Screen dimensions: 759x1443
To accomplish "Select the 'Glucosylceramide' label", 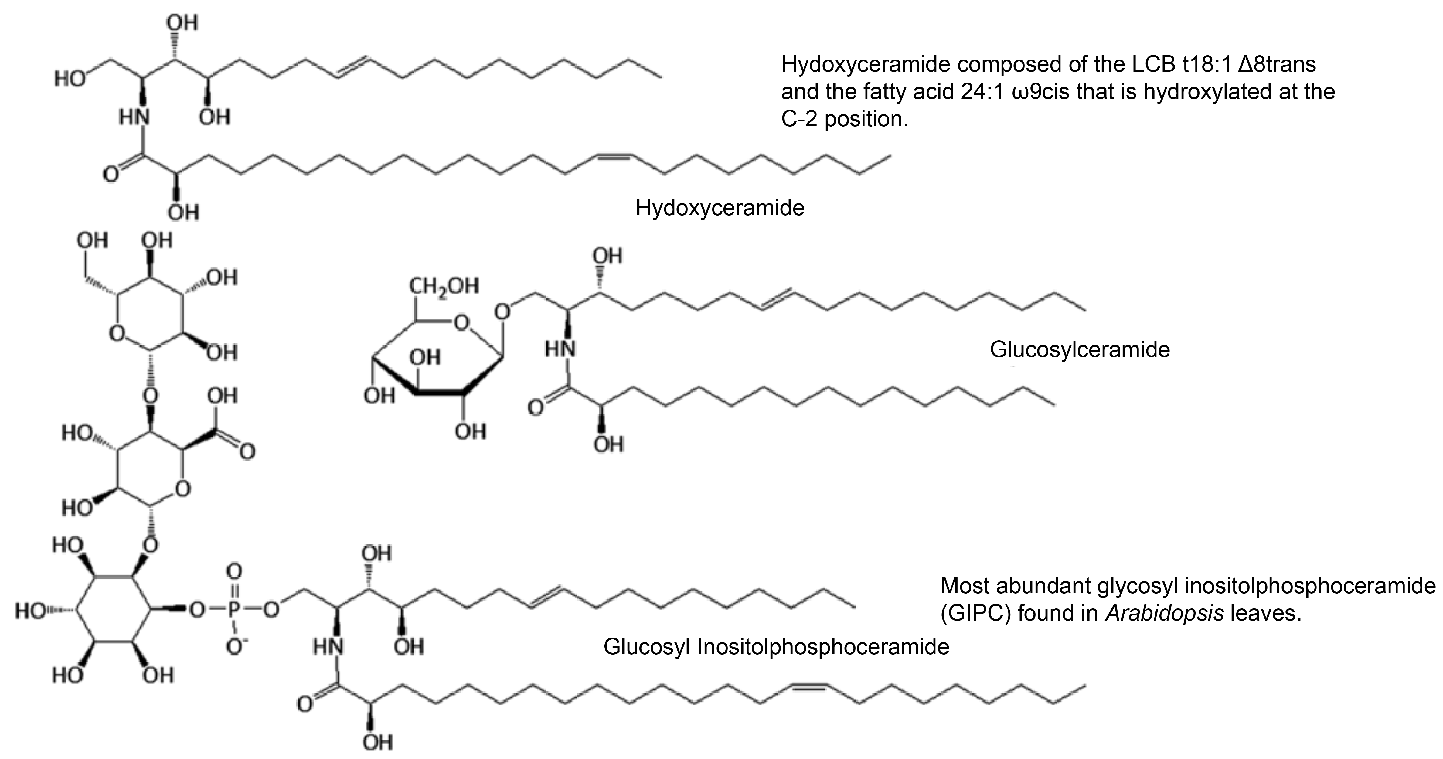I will (1080, 349).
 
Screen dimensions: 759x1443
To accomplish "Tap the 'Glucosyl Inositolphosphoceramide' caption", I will (776, 647).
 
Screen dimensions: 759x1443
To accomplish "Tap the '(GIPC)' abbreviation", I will (975, 613).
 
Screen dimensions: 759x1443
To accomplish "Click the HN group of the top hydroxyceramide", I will (134, 117).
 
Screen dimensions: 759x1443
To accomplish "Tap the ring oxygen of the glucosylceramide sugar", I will (461, 323).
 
